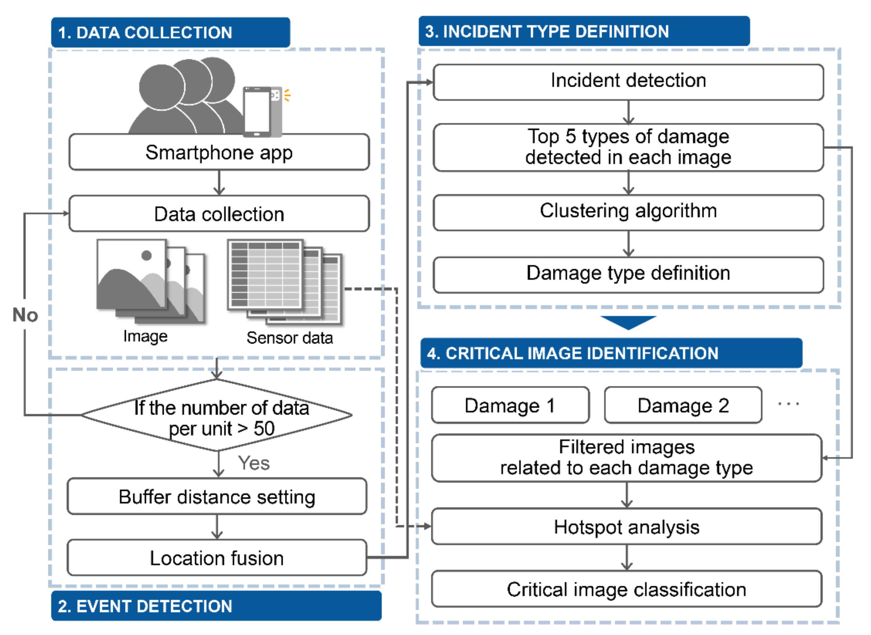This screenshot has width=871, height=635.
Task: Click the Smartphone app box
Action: (x=219, y=152)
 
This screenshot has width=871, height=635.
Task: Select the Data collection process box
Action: (x=219, y=214)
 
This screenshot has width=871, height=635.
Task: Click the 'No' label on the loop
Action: (x=25, y=315)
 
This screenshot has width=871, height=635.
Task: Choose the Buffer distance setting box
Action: (x=217, y=497)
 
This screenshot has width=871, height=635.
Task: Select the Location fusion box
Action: (x=217, y=558)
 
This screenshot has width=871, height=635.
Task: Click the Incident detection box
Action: (x=628, y=82)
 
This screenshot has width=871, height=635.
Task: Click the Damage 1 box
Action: (x=510, y=405)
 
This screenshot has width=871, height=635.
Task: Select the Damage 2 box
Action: (x=683, y=405)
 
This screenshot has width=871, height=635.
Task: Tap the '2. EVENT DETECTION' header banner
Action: (x=216, y=606)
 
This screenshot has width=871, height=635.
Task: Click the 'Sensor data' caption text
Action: (x=290, y=338)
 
